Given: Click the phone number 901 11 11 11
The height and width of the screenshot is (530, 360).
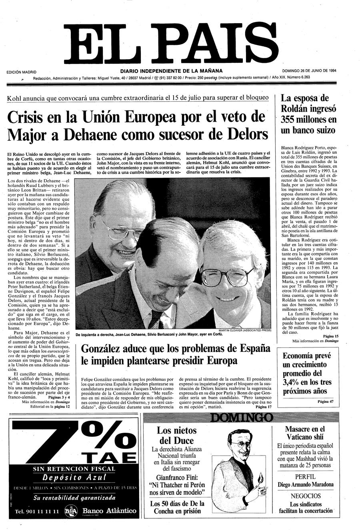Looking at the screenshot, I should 37,512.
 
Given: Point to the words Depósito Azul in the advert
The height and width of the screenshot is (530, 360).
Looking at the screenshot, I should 74,477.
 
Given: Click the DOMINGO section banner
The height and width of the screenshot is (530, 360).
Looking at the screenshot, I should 242,418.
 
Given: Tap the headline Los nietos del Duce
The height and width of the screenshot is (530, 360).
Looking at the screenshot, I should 176,436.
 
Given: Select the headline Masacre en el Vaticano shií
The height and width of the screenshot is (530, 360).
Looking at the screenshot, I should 305,434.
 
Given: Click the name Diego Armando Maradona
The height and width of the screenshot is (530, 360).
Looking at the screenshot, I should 305,484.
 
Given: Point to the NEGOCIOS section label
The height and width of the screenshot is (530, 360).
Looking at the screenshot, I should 305,496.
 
